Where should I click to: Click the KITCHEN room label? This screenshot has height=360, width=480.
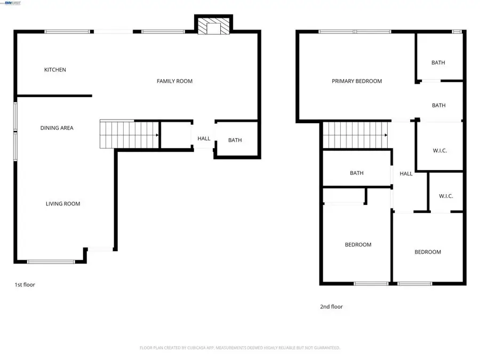click(55, 70)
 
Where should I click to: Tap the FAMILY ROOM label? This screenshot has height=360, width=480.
click(174, 81)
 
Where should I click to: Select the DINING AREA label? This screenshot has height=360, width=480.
click(57, 128)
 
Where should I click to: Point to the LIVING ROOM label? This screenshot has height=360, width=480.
click(62, 204)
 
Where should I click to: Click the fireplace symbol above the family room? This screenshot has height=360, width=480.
click(213, 26)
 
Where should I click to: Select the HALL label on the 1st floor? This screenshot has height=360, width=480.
click(204, 139)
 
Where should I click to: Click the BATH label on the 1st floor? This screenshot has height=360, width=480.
click(235, 140)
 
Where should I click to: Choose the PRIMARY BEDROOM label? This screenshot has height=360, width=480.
click(357, 81)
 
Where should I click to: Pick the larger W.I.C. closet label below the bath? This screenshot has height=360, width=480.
click(439, 151)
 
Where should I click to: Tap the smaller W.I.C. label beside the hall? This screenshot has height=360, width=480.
click(446, 196)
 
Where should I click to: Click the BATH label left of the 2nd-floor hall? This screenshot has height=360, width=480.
click(357, 173)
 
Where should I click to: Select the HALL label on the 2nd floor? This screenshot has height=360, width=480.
click(406, 174)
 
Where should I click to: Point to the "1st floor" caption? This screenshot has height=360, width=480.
click(25, 285)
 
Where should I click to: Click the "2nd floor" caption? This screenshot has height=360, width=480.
click(331, 307)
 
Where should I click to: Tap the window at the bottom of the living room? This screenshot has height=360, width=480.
click(51, 261)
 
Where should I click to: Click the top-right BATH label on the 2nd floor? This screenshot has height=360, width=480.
click(438, 62)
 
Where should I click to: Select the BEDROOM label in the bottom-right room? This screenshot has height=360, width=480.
click(428, 252)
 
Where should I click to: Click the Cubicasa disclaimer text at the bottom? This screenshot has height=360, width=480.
click(239, 348)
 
